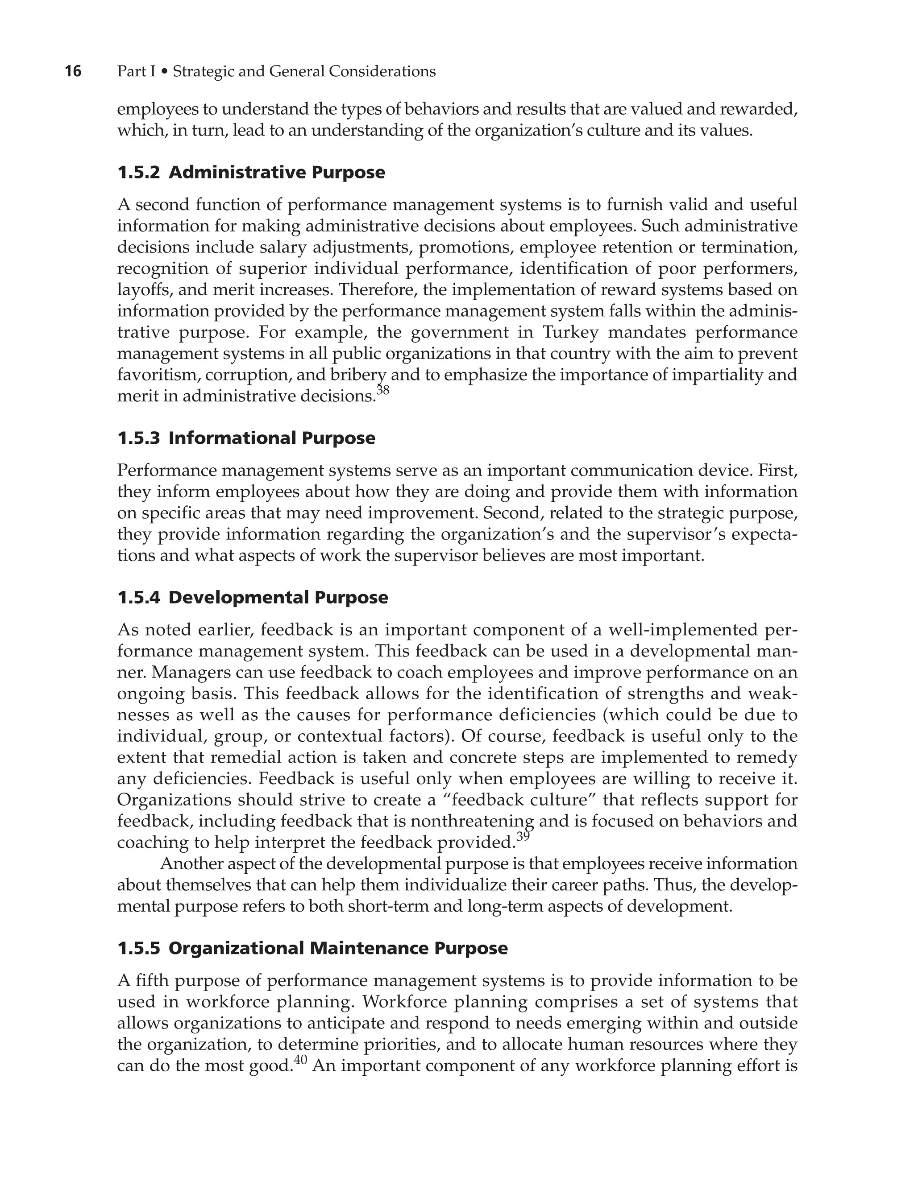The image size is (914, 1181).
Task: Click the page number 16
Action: [73, 71]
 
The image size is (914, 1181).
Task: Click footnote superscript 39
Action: [523, 836]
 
